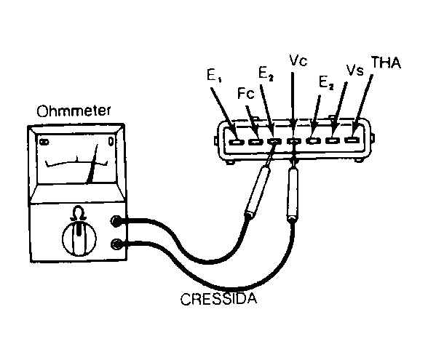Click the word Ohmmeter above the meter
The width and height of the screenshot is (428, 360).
point(74,111)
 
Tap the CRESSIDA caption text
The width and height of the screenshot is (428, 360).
point(218,299)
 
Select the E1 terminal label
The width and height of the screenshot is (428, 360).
point(214,76)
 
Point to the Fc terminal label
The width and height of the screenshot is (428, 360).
point(246,93)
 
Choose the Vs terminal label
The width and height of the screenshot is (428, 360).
point(355,70)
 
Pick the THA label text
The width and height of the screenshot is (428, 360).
point(386,63)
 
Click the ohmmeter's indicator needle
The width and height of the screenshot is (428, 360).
point(92,163)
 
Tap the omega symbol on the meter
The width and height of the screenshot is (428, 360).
point(79,213)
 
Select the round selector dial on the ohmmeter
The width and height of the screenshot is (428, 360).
point(79,238)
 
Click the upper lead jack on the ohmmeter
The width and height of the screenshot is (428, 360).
point(116,220)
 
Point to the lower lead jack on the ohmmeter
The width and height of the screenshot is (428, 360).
point(116,244)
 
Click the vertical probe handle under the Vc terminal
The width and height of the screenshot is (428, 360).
point(293,194)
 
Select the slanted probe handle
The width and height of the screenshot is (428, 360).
point(257,192)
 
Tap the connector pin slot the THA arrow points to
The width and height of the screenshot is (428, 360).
point(352,140)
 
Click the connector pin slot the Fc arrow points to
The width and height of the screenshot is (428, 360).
point(255,142)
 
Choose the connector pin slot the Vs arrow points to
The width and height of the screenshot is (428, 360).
point(333,140)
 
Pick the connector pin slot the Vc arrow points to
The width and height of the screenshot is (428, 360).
point(294,141)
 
